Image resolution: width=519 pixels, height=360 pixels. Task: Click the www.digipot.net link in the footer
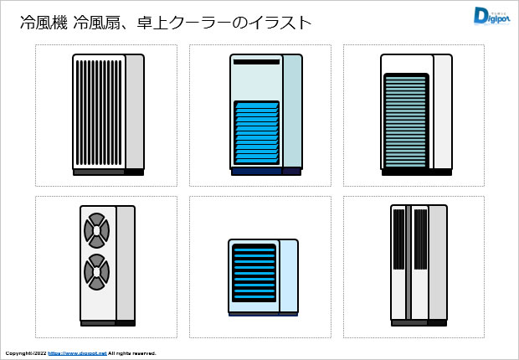point(77,353)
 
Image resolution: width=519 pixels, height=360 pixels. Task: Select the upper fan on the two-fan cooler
point(97,229)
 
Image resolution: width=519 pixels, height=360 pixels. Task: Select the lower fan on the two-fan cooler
point(97,271)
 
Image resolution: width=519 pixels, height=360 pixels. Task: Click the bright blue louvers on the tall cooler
point(256,135)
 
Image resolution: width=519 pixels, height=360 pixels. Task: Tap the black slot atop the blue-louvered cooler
point(256,62)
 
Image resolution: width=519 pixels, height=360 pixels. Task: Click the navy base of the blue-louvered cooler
point(265,172)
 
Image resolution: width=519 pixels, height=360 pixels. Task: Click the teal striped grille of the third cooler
point(405,121)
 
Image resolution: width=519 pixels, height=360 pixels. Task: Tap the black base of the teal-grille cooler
point(416,172)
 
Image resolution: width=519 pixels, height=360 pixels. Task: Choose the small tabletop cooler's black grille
point(254,273)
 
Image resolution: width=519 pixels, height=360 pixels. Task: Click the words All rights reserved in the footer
point(132,353)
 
